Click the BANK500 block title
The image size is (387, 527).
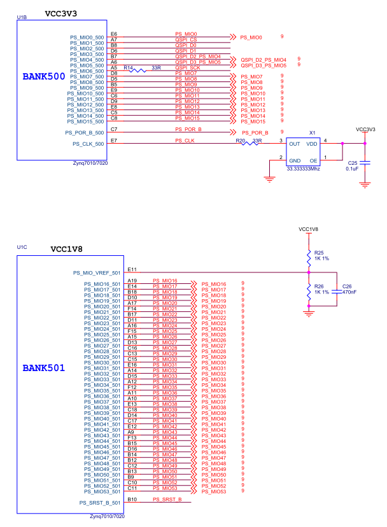pos(44,76)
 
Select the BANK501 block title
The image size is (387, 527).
pos(44,368)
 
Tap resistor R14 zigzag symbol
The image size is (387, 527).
pos(138,71)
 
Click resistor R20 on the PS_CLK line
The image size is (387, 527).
pos(250,143)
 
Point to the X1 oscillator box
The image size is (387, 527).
pos(303,152)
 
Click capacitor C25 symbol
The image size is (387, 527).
pos(365,163)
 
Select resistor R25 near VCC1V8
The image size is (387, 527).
pos(309,258)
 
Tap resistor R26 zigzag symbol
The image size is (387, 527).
pos(309,292)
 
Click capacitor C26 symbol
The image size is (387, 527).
pos(337,292)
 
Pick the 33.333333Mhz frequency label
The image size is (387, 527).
pos(303,169)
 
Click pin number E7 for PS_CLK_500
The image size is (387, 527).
pos(114,141)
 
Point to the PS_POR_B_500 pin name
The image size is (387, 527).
pos(85,133)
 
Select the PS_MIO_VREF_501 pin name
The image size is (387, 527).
pos(97,273)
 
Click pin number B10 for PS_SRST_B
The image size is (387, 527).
pos(132,500)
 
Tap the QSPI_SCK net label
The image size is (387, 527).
pos(188,67)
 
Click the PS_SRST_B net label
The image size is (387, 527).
pos(167,500)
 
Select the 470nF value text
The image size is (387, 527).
pos(349,292)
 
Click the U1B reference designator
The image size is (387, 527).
pos(22,17)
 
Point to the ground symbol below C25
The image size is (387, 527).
pos(365,185)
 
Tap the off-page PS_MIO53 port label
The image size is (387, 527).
pos(214,492)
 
